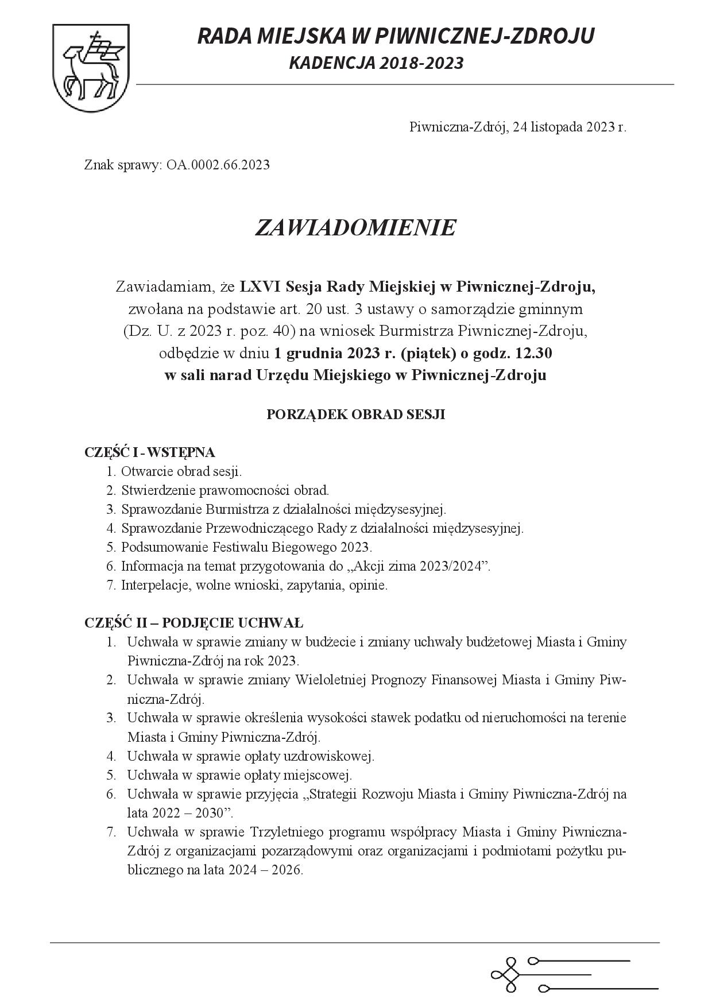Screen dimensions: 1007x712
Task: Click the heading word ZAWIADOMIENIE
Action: pyautogui.click(x=355, y=228)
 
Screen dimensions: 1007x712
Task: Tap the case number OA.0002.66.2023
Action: pyautogui.click(x=218, y=165)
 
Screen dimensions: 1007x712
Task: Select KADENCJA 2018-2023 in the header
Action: pyautogui.click(x=376, y=63)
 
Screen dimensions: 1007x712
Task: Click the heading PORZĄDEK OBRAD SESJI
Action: pyautogui.click(x=355, y=415)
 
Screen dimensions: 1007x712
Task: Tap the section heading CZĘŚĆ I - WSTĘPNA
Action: pyautogui.click(x=150, y=452)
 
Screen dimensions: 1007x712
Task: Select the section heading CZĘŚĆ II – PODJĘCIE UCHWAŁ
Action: pyautogui.click(x=194, y=623)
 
